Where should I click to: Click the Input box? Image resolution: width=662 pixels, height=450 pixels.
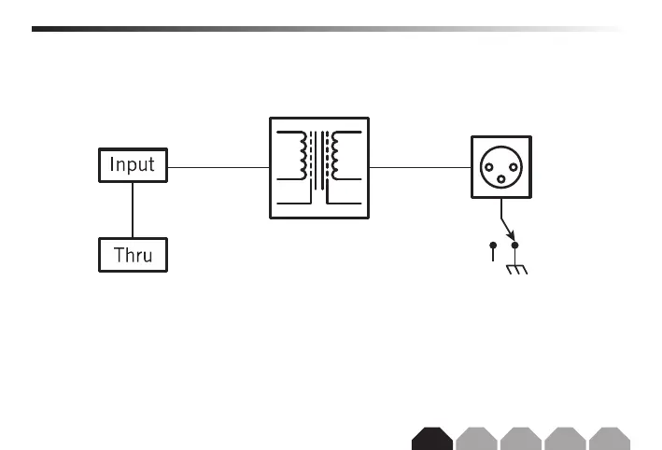click(133, 166)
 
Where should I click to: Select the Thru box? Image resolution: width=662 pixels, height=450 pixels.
click(133, 254)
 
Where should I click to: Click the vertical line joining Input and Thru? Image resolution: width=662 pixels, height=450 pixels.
click(133, 210)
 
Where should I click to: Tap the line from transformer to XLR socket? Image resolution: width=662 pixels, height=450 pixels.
click(419, 168)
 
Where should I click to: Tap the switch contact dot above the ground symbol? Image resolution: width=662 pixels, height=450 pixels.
click(514, 246)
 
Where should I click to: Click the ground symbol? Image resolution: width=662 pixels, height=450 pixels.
click(515, 269)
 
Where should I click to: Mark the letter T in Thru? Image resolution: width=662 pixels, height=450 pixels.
click(118, 254)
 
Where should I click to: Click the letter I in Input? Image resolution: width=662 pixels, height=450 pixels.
click(113, 166)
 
